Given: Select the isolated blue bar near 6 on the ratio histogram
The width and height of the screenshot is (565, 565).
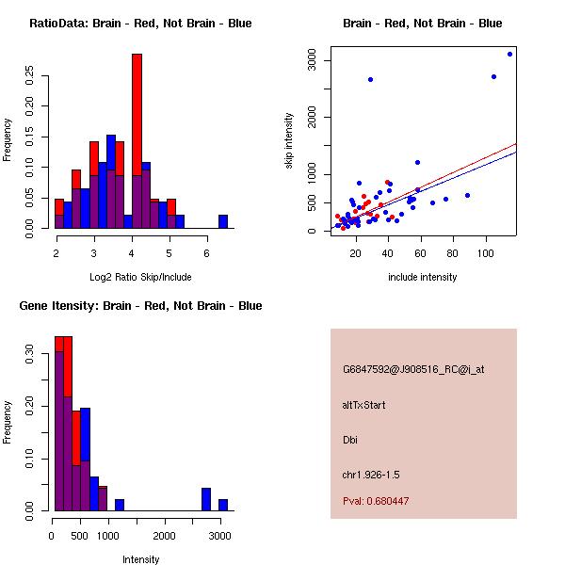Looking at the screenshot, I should (x=223, y=221).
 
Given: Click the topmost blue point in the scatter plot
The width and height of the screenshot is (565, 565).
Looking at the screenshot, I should (x=509, y=54).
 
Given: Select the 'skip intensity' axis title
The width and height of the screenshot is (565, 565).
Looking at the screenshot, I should (x=290, y=141).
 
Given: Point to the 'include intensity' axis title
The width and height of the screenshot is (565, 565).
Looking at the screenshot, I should (x=422, y=277).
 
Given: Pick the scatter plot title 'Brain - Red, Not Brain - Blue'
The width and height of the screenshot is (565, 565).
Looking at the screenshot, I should (x=422, y=24).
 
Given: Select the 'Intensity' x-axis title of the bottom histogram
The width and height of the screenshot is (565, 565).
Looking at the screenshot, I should (x=141, y=559).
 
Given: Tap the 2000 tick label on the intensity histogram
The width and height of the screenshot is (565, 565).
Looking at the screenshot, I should (x=165, y=537).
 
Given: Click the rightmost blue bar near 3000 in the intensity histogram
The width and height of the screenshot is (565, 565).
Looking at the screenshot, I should (x=223, y=505).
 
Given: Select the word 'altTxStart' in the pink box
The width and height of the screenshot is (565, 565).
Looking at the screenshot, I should (x=363, y=405).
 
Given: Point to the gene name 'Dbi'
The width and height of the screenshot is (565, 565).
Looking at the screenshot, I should (x=350, y=439).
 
